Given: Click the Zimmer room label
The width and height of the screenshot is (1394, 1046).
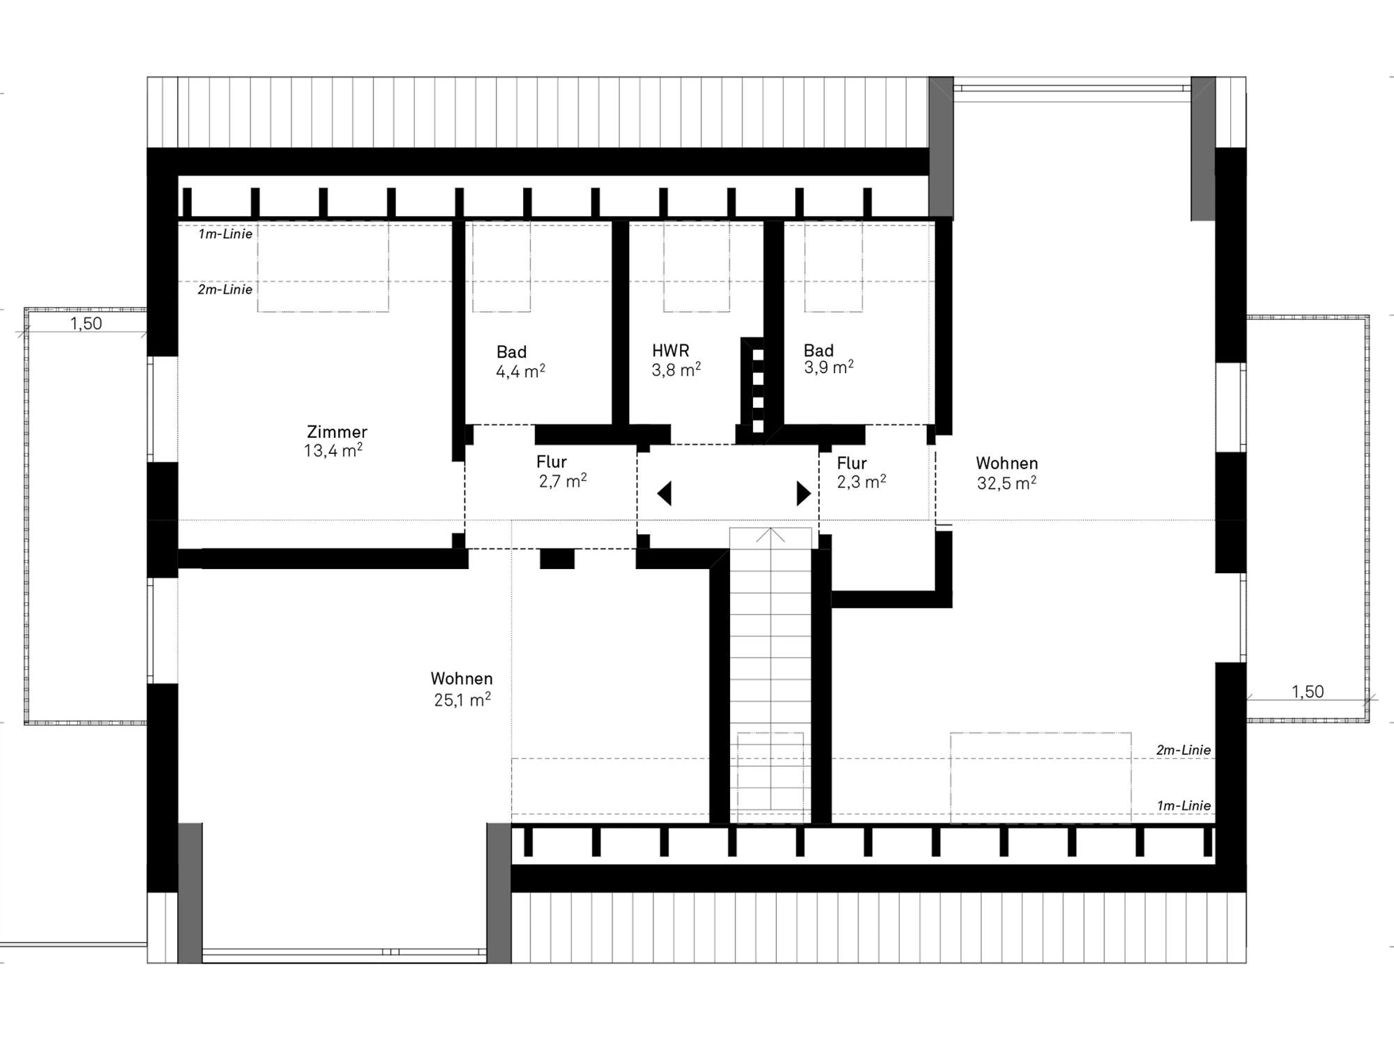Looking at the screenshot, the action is [x=337, y=432].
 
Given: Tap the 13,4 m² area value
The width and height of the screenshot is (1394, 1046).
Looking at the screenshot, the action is [x=333, y=450].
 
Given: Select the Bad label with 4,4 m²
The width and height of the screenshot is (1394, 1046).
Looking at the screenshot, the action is [x=511, y=352].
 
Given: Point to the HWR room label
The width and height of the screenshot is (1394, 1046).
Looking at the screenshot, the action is [x=670, y=351].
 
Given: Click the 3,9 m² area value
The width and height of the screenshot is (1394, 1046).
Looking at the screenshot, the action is [x=828, y=367].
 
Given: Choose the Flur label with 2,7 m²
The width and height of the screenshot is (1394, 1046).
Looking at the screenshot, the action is [x=551, y=462].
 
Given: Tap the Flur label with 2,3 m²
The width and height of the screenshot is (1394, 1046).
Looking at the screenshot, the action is [x=851, y=463].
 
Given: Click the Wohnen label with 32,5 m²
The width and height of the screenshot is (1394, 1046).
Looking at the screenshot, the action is [x=1006, y=463].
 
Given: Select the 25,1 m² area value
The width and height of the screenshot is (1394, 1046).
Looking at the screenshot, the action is [x=462, y=699].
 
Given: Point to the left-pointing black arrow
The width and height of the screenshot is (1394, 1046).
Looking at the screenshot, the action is [x=664, y=493].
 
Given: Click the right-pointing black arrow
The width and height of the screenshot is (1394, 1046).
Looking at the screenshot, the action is [x=804, y=493].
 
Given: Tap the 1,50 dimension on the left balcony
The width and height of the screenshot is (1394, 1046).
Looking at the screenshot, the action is [x=86, y=324].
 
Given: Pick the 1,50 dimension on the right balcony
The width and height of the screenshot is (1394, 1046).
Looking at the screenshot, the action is [x=1307, y=692].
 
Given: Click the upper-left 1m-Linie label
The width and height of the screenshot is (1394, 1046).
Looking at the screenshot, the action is [x=225, y=234].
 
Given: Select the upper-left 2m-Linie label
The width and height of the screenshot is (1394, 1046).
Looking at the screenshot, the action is [x=225, y=289].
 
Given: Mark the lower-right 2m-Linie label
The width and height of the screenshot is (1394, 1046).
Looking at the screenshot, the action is [x=1183, y=750].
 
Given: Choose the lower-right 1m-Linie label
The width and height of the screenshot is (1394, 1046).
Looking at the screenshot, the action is [x=1183, y=806].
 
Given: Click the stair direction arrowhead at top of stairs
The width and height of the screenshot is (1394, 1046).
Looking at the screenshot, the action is [x=771, y=535].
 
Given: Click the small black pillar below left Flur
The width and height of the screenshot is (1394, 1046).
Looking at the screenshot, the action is [x=557, y=559].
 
